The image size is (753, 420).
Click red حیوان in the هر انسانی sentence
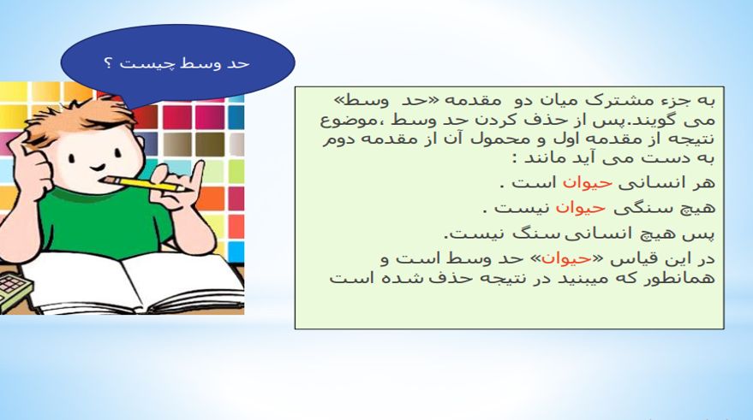[588, 183]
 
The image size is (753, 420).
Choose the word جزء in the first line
[677, 102]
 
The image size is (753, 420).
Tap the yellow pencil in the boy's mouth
[146, 184]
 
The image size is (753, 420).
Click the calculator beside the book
[15, 291]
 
